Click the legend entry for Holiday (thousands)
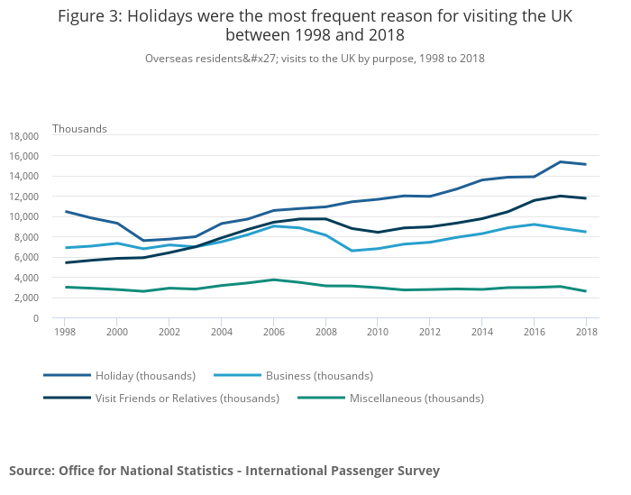tap(145, 375)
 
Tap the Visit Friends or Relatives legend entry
tap(187, 398)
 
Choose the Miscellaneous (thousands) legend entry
tap(416, 398)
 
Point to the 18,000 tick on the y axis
tap(23, 136)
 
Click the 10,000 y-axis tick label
tap(23, 217)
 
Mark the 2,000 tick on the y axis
tap(26, 298)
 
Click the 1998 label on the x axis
tap(65, 332)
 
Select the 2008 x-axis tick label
tap(325, 332)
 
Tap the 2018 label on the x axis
tap(586, 332)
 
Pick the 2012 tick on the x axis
tap(429, 332)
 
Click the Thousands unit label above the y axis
tap(79, 129)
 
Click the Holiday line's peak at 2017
tap(560, 162)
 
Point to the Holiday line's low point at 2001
tap(143, 241)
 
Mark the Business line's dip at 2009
tap(352, 251)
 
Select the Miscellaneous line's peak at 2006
tap(273, 280)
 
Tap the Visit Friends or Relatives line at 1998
tap(65, 262)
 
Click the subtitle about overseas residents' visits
tap(315, 59)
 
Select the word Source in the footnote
tap(32, 471)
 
